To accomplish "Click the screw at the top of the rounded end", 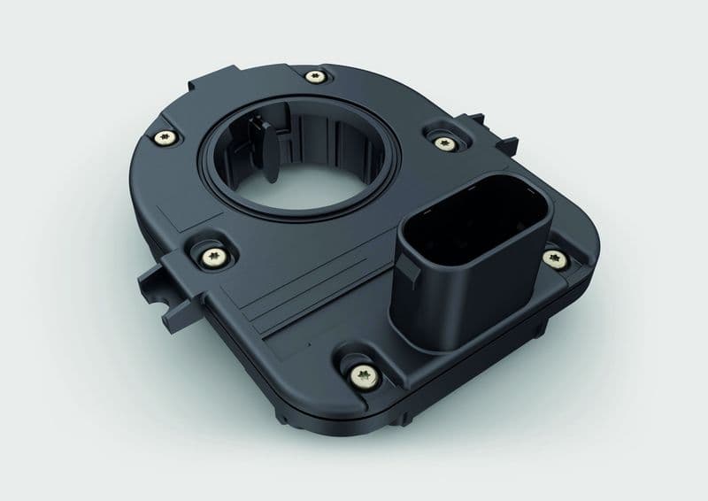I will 314,78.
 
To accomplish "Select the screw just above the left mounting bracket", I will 213,256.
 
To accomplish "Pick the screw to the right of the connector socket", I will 555,258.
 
